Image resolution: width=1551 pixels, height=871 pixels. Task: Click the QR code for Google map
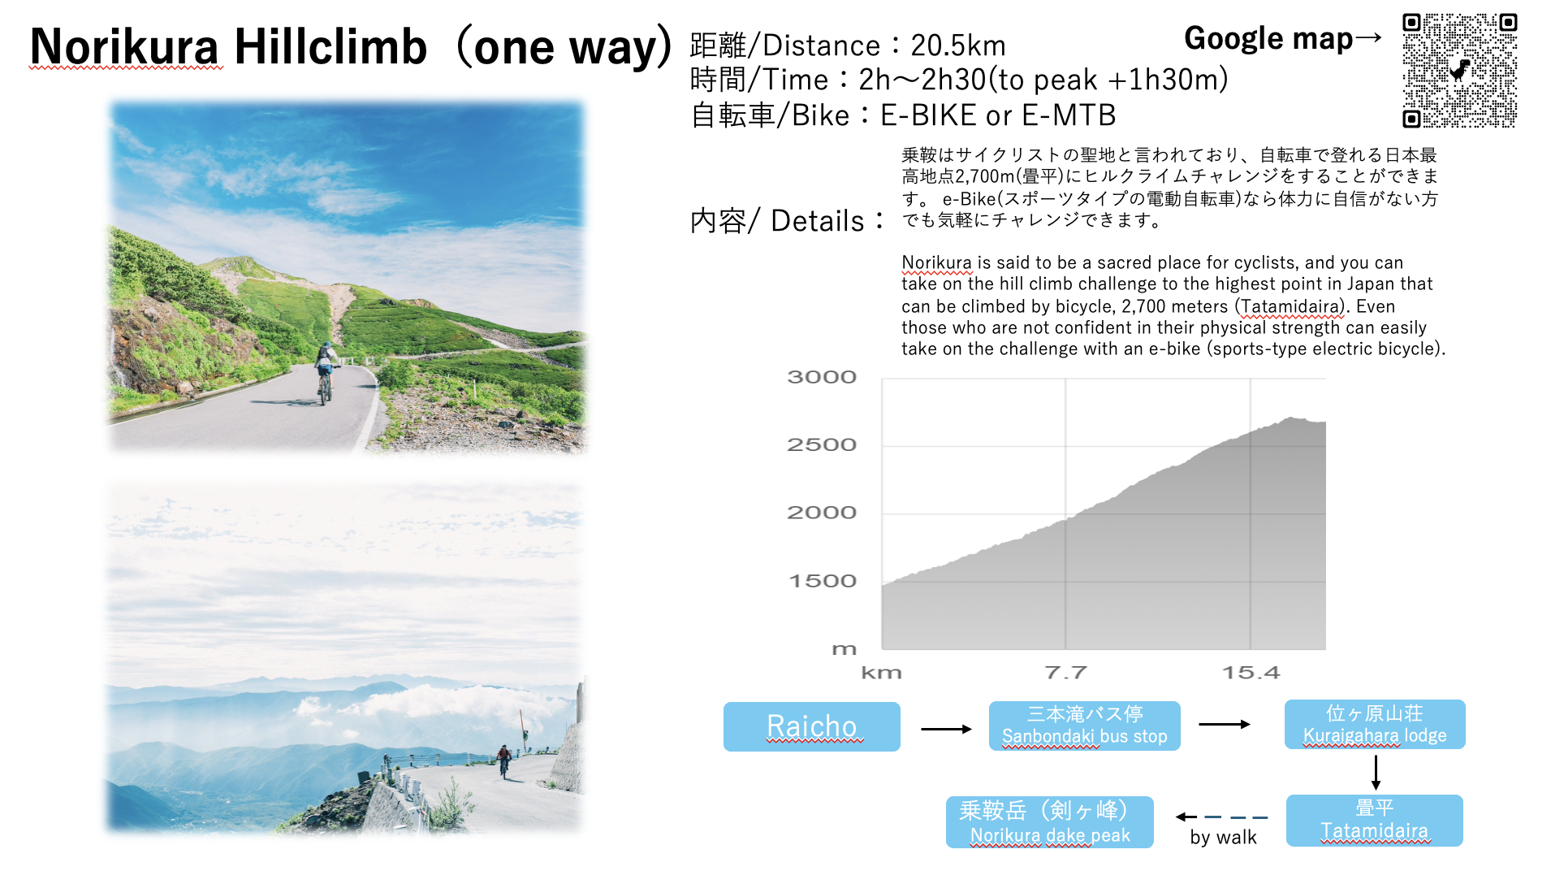point(1459,71)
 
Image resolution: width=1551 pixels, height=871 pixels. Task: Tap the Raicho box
point(811,726)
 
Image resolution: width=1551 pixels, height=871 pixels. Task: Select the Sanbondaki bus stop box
point(1084,726)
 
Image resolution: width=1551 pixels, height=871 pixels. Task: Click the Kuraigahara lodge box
point(1375,724)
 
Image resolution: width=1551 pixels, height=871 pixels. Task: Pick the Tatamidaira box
point(1374,820)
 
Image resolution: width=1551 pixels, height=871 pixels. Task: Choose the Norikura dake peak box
point(1049,821)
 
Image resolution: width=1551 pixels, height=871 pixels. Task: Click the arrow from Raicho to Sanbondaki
point(946,729)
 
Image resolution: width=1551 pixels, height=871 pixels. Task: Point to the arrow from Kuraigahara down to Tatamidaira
point(1376,772)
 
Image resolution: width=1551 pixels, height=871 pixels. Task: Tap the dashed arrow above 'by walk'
point(1221,817)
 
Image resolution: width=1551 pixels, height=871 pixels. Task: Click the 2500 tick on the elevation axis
point(822,444)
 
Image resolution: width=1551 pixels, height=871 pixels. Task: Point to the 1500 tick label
point(823,581)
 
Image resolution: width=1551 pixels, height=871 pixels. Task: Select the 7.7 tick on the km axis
point(1065,673)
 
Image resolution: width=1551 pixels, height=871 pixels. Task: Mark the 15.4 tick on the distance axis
point(1251,673)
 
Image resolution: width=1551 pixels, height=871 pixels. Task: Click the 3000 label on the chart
point(822,377)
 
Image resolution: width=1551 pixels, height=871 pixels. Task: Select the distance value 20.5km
point(958,45)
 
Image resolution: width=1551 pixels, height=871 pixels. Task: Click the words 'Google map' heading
point(1268,38)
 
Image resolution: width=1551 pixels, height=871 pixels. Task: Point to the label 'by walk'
point(1223,838)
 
